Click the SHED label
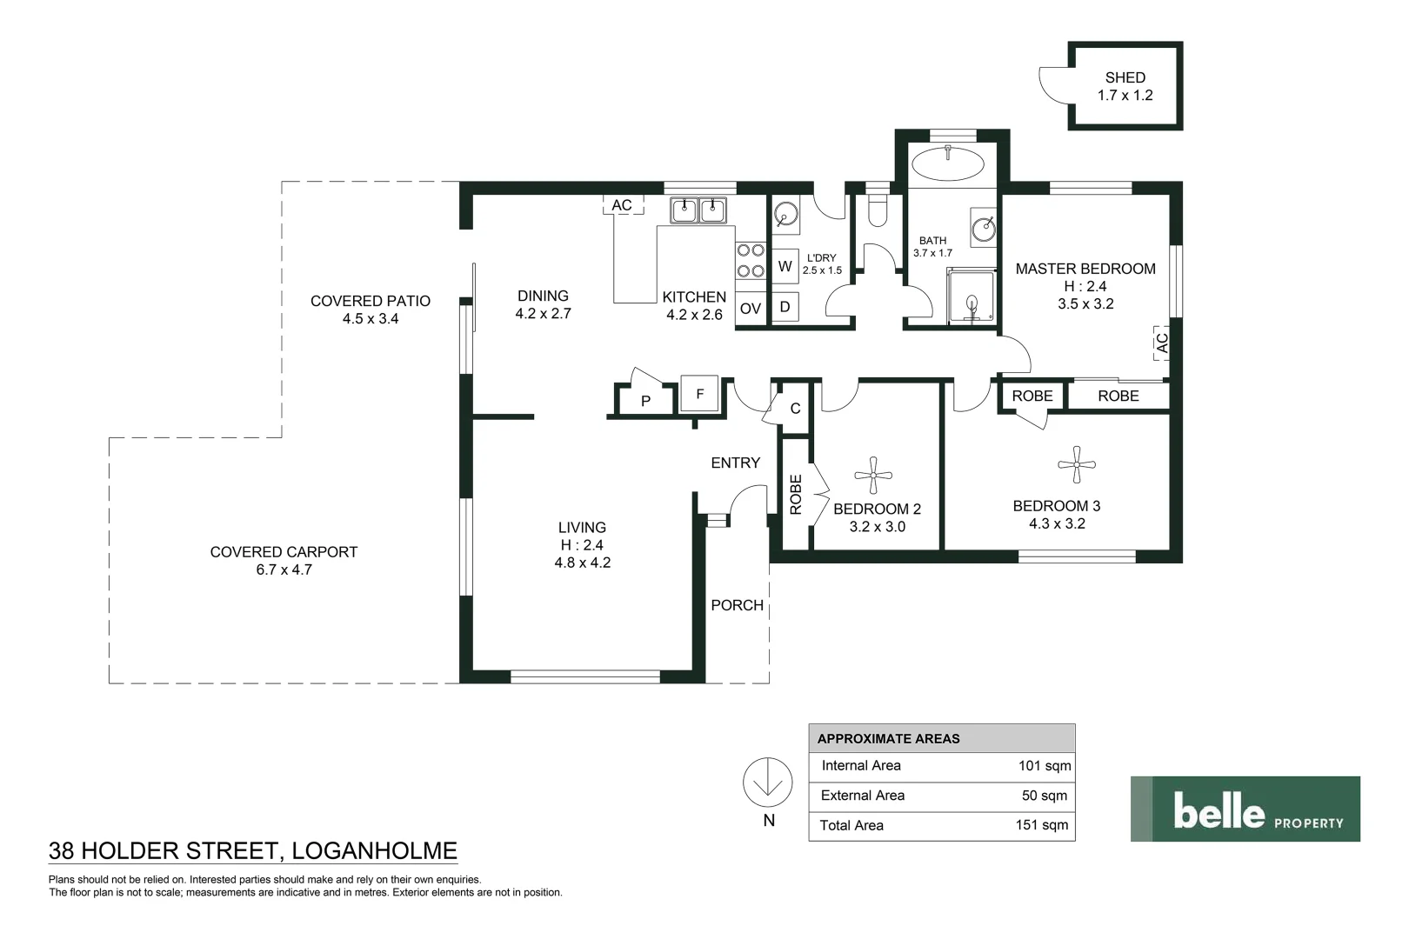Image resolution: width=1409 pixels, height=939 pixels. pos(1125,77)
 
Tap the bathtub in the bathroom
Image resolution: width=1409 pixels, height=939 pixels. pos(946,163)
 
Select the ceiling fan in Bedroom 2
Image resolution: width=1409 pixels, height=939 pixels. pos(872,475)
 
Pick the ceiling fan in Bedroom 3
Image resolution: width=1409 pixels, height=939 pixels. pos(1077,464)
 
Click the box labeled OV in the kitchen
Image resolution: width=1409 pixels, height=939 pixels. pos(750,309)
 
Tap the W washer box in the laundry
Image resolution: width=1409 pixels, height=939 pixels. pos(785,266)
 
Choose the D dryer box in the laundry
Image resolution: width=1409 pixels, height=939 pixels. pos(785,306)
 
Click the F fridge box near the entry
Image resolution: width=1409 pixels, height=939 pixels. pos(699,394)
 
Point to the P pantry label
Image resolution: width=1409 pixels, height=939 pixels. pos(645,401)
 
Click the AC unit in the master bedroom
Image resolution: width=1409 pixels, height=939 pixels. pos(1161,343)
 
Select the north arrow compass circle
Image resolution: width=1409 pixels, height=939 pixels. pos(767,782)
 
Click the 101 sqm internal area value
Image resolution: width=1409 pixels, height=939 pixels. pos(1044,766)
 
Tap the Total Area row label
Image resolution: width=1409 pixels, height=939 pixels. pos(851,825)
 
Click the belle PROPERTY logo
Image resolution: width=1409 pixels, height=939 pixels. pos(1245,809)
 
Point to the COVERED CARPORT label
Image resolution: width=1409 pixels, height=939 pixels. pos(284,552)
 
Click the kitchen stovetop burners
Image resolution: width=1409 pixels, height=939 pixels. pos(751,260)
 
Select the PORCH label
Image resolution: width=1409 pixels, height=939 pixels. pos(737,605)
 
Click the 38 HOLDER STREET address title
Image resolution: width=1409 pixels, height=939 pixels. pos(253,850)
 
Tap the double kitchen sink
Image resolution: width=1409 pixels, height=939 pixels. pos(698,210)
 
